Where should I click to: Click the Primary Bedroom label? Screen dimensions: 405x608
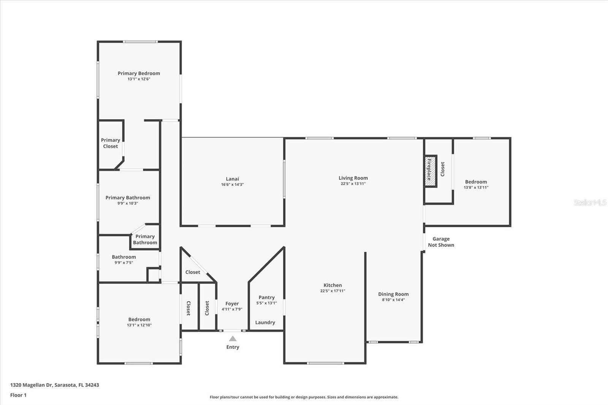pyautogui.click(x=139, y=73)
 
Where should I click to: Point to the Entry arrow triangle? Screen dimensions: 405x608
pyautogui.click(x=233, y=339)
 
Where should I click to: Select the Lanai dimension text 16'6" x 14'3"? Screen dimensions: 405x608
pyautogui.click(x=232, y=185)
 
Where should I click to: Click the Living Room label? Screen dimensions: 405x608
pyautogui.click(x=353, y=178)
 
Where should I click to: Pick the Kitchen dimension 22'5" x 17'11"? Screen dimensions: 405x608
pyautogui.click(x=332, y=291)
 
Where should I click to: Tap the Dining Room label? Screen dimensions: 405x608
pyautogui.click(x=393, y=294)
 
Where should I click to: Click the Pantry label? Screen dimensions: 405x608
pyautogui.click(x=266, y=297)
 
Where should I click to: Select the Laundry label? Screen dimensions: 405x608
pyautogui.click(x=265, y=322)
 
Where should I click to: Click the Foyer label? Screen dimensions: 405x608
pyautogui.click(x=232, y=304)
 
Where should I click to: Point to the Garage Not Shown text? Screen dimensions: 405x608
pyautogui.click(x=441, y=242)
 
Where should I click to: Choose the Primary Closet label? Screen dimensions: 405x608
pyautogui.click(x=110, y=143)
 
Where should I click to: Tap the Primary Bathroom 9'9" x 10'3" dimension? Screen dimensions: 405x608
pyautogui.click(x=128, y=203)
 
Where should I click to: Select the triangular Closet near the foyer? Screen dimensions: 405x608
pyautogui.click(x=193, y=272)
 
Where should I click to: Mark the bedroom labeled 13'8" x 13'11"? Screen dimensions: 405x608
pyautogui.click(x=476, y=184)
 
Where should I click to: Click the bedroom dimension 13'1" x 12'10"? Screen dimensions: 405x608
pyautogui.click(x=139, y=325)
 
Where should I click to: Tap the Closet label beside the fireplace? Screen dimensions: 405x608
pyautogui.click(x=442, y=169)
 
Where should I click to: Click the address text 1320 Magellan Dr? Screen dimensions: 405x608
pyautogui.click(x=54, y=385)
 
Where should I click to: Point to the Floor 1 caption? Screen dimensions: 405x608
pyautogui.click(x=18, y=395)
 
